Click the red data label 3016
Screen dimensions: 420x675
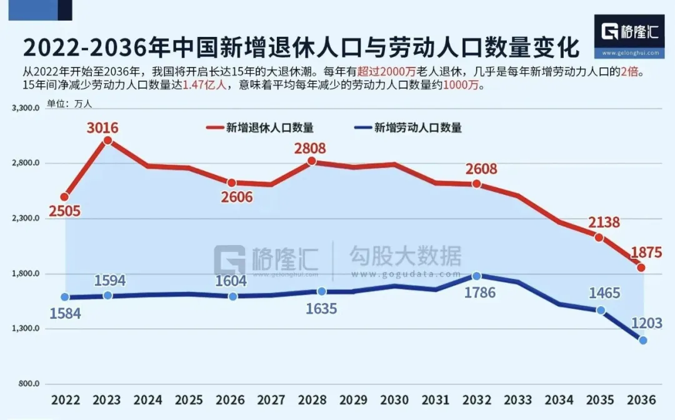pos(102,129)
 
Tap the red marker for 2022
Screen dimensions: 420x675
pos(65,197)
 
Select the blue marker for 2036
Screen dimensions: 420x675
pos(642,340)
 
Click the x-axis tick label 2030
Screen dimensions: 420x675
pos(394,400)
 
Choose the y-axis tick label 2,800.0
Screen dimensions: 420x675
pos(26,163)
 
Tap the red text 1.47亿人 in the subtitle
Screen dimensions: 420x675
pos(204,86)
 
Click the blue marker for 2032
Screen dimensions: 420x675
pos(477,276)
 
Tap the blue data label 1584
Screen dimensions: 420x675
pos(66,314)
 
